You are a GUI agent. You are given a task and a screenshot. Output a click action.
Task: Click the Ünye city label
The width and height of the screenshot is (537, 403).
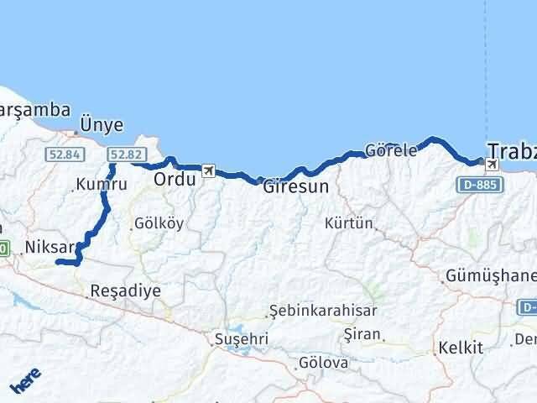pyautogui.click(x=101, y=125)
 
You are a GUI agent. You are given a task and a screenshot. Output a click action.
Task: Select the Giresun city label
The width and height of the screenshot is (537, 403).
pyautogui.click(x=295, y=186)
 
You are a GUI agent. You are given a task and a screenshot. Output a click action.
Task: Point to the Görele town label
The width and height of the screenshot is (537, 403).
pyautogui.click(x=391, y=151)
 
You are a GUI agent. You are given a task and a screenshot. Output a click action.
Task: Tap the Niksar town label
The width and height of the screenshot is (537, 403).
pyautogui.click(x=50, y=247)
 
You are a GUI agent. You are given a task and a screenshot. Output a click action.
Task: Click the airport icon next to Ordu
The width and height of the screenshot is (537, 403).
pyautogui.click(x=207, y=171)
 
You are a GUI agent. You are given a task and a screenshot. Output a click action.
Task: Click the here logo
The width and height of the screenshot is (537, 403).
pyautogui.click(x=24, y=382)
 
